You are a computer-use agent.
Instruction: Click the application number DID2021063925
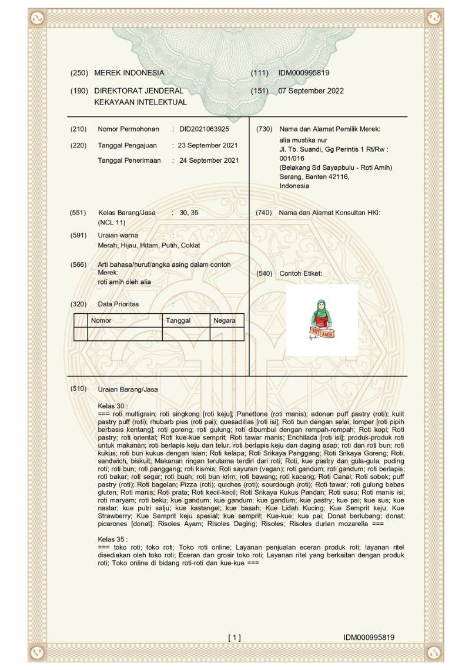coord(204,129)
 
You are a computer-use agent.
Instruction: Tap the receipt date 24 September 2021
coord(209,160)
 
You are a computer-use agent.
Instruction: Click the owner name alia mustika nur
coord(303,140)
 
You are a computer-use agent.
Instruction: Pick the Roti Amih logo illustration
coord(322,320)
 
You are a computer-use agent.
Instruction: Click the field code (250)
coord(79,73)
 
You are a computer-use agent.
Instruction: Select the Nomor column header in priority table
coord(101,320)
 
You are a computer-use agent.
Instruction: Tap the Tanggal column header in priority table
coord(178,320)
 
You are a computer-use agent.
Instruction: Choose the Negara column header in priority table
coord(225,320)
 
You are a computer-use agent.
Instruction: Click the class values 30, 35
coord(189,213)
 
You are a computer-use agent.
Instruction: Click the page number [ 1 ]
coord(235,637)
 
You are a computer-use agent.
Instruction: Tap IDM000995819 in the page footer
coord(369,637)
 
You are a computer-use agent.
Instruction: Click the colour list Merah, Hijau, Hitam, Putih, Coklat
coord(149,245)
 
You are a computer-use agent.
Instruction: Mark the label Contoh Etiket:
coord(301,274)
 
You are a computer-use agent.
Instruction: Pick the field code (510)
coord(79,388)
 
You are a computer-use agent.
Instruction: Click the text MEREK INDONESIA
coord(129,73)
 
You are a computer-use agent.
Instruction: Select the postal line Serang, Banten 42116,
coord(314,177)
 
